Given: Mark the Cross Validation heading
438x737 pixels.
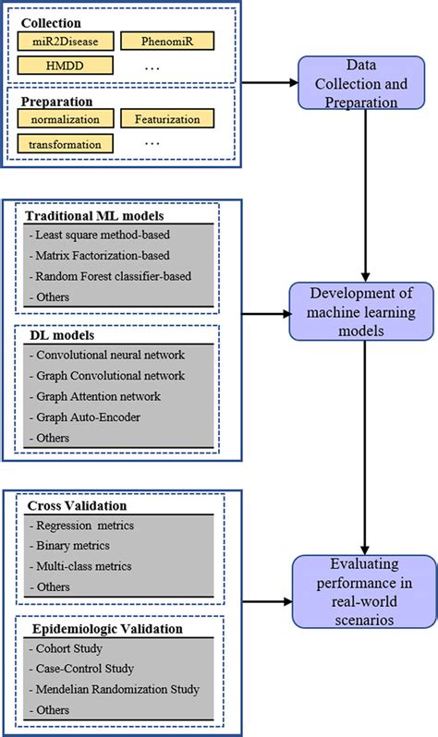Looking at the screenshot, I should (x=78, y=506).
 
